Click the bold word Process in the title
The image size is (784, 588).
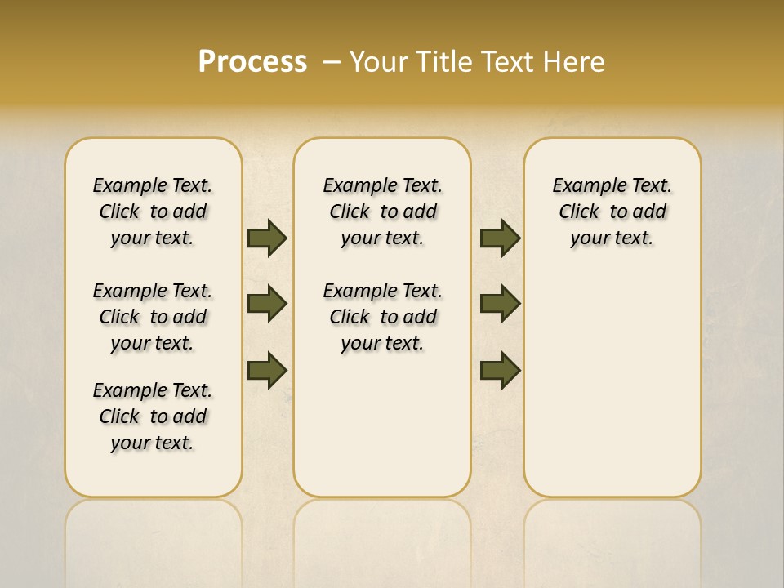tap(252, 61)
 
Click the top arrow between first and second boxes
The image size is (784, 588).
tap(266, 238)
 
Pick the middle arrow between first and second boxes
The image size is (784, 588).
tap(266, 304)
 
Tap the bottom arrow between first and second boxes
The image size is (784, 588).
tap(266, 371)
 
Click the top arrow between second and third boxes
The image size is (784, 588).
tap(500, 238)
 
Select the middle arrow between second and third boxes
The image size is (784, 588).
tap(500, 304)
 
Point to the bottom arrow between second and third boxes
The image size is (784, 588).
tap(500, 371)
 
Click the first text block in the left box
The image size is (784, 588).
tap(153, 212)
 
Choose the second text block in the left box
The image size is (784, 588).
tap(153, 317)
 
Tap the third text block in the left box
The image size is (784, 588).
tap(153, 416)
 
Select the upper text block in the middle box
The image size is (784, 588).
tap(382, 212)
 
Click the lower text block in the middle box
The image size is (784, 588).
tap(382, 317)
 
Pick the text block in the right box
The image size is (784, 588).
tap(612, 212)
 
